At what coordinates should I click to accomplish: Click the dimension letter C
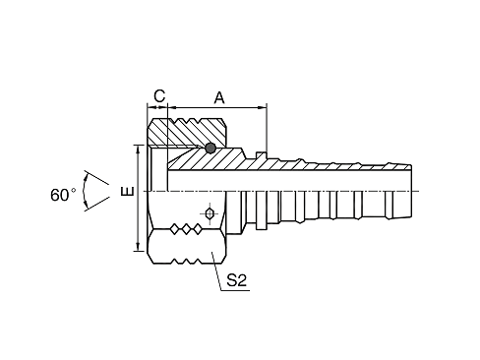point(159,96)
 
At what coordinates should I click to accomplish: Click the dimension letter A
point(219,97)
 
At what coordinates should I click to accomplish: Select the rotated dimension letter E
point(127,191)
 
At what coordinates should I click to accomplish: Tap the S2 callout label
point(237,280)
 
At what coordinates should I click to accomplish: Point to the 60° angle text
point(63,195)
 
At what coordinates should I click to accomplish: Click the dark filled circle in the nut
point(210,148)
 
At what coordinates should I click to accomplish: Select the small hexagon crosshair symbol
point(210,213)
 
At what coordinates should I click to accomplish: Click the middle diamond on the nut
point(186,229)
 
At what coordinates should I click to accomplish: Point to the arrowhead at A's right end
point(263,107)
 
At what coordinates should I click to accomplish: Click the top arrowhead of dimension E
point(139,149)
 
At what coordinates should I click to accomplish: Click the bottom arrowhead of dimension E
point(139,247)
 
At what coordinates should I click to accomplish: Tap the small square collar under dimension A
point(261,155)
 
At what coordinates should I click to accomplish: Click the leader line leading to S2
point(216,270)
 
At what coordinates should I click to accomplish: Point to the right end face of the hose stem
point(411,191)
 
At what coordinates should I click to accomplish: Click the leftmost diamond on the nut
point(175,229)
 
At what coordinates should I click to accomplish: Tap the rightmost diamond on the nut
point(198,229)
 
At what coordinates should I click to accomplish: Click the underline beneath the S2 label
point(235,290)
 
